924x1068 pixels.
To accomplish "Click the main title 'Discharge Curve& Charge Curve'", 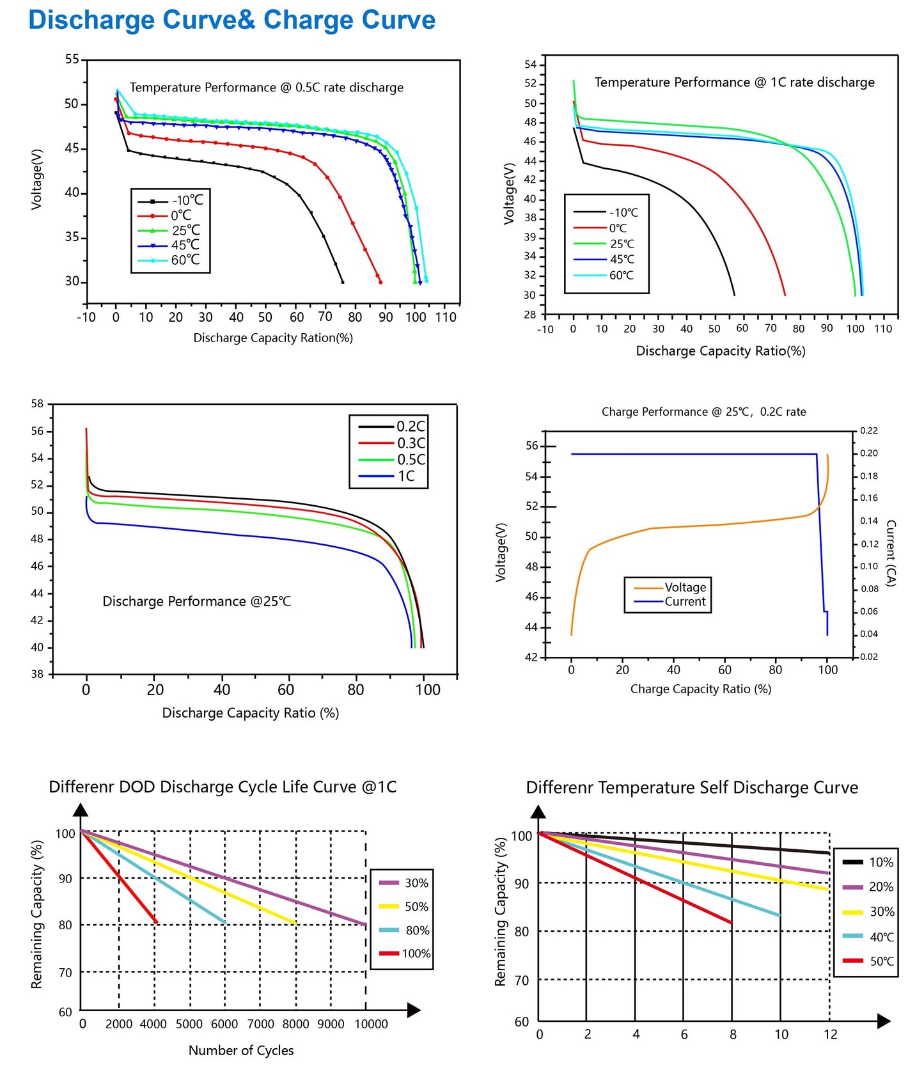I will (231, 20).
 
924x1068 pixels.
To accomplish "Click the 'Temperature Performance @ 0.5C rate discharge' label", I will (267, 88).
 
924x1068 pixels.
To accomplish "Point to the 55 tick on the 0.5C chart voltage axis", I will (72, 59).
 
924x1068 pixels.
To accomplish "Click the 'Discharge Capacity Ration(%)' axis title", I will (273, 338).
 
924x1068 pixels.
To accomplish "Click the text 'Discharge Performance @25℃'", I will (197, 602).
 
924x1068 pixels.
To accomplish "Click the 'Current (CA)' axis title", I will (891, 553).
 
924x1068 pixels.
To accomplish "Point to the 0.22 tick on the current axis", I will (869, 431).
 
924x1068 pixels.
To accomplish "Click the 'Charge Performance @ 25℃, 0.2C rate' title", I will (703, 412).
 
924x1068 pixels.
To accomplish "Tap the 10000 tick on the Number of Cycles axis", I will (371, 1024).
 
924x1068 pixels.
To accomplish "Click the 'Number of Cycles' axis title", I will (241, 1050).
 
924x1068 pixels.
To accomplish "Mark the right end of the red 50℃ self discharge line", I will (731, 923).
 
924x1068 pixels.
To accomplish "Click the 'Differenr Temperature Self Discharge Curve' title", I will (692, 787).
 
